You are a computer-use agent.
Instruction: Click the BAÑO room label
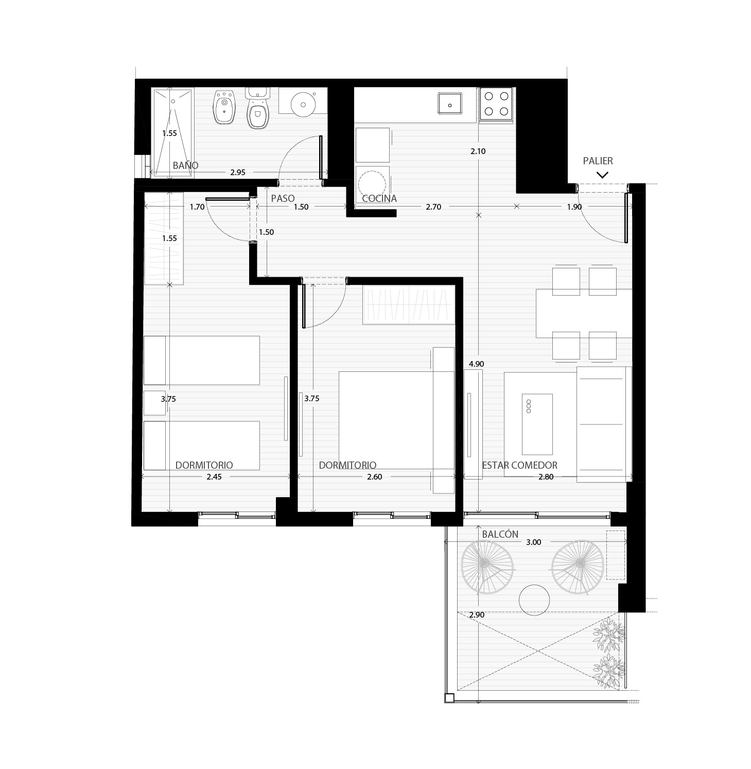coord(185,166)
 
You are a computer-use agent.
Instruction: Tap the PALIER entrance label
coord(598,161)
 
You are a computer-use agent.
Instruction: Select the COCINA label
coord(379,198)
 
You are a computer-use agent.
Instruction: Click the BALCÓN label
coord(500,534)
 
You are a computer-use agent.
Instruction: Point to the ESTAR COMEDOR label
coord(520,465)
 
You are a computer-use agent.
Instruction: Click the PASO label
coord(283,198)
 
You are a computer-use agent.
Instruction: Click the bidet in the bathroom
coord(224,107)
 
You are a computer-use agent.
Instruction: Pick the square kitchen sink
coord(450,104)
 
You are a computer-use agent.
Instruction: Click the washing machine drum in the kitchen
coord(372,183)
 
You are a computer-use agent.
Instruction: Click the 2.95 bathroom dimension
coord(238,173)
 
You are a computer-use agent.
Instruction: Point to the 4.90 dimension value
coord(476,364)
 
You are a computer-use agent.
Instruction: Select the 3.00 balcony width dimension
coord(534,542)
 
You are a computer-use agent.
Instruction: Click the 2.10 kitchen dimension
coord(478,151)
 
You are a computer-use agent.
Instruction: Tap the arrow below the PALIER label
coord(602,175)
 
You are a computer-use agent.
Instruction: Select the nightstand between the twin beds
coord(154,403)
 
